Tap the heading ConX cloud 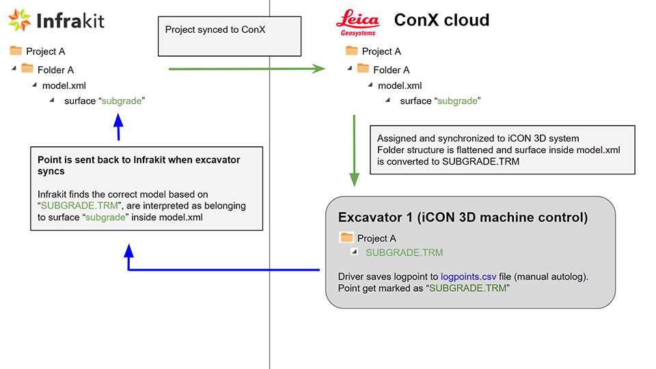(x=441, y=20)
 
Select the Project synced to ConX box (x=230, y=37)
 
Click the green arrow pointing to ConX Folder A (x=246, y=68)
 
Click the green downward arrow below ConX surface (x=354, y=150)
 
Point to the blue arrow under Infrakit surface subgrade (x=118, y=127)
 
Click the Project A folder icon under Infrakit (x=16, y=51)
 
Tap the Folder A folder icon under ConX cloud (x=363, y=69)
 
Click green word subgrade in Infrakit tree (x=122, y=101)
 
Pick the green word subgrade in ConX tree (x=458, y=101)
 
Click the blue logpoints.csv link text (x=469, y=277)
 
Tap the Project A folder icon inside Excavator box (x=346, y=238)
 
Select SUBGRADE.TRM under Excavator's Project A (x=404, y=252)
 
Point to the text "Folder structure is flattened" (x=437, y=150)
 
